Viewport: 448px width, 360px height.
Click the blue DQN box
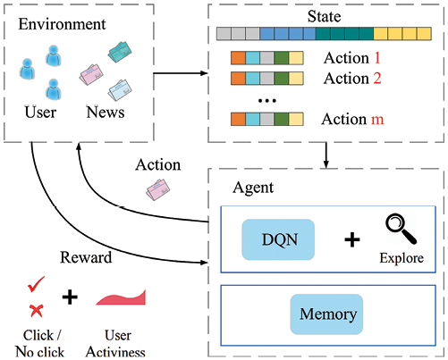(278, 239)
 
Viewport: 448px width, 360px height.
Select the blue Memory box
(326, 314)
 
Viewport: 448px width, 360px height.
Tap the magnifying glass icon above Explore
(401, 229)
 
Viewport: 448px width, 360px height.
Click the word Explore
(402, 258)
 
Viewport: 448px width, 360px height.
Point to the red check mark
(36, 284)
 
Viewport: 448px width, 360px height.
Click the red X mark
(37, 311)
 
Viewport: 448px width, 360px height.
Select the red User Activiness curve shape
(122, 297)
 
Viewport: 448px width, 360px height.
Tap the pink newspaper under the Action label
(157, 189)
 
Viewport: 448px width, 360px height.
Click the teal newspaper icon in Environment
(120, 52)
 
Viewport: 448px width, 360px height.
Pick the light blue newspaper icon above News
(120, 90)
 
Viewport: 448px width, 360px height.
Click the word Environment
(62, 24)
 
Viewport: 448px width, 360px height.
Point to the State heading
(324, 16)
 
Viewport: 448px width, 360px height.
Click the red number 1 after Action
(377, 57)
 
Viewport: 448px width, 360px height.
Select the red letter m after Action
(377, 120)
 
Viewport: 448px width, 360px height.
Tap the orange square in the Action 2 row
(238, 79)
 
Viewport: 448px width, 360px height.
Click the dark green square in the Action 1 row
(282, 58)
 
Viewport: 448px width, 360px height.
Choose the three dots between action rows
(267, 101)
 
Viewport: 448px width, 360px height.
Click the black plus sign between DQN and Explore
(352, 239)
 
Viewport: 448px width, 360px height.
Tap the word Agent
(253, 188)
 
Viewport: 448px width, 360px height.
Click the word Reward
(86, 257)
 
